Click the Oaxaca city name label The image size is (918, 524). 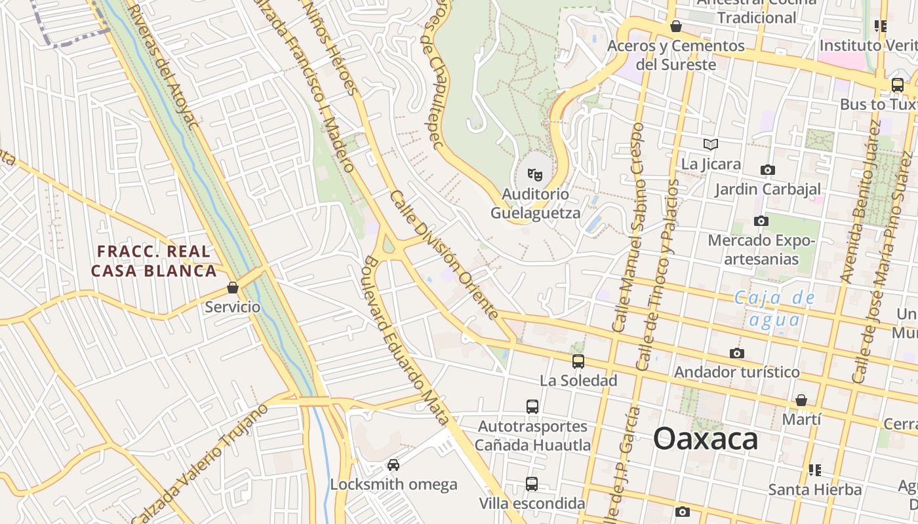point(706,438)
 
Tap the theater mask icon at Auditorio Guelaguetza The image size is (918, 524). point(535,175)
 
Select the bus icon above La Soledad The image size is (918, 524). point(578,361)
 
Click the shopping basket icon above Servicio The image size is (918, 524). point(232,288)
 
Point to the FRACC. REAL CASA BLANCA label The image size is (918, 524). point(154,261)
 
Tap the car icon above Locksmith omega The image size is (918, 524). point(393,465)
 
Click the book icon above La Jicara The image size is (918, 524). point(711,144)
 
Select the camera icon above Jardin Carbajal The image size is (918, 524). point(768,170)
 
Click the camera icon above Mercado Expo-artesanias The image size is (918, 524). point(761,221)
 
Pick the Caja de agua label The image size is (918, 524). point(774,309)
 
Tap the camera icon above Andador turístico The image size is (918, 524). point(737,353)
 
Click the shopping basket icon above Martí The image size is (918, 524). point(801,400)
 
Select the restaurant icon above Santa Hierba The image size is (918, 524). point(815,470)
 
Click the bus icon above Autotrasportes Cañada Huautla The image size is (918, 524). point(532,406)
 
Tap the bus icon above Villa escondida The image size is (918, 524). point(532,484)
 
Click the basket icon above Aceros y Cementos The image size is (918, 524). point(676,26)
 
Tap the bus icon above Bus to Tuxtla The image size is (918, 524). point(898,85)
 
